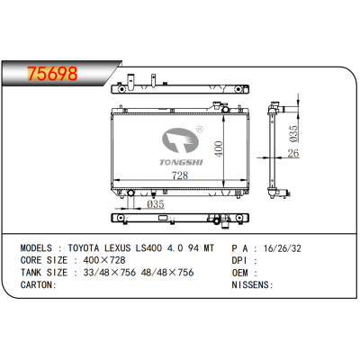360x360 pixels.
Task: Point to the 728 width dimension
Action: coord(181,175)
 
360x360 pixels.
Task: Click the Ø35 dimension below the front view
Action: coord(155,203)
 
